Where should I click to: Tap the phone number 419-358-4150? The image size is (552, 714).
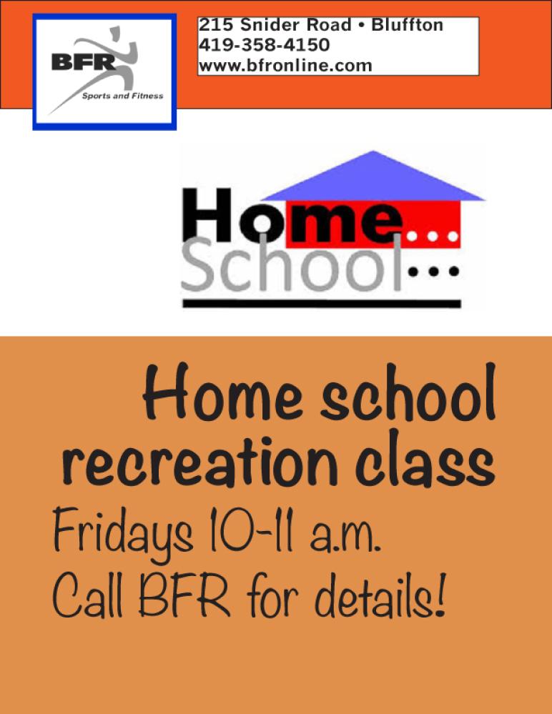264,45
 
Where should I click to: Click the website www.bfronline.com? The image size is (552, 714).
285,66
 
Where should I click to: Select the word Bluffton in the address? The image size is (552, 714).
407,24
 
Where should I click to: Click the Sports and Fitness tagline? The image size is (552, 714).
122,96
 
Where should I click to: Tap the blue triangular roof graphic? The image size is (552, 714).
373,176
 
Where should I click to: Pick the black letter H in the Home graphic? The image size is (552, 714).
207,215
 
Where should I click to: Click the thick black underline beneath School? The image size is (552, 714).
322,304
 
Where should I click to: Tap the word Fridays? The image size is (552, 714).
123,531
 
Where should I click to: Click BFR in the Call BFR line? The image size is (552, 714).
184,596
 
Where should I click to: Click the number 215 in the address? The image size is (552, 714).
215,24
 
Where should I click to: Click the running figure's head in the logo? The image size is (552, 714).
115,31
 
